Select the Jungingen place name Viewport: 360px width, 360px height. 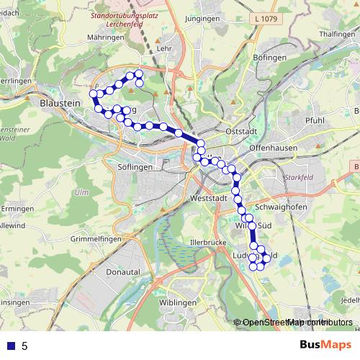point(202,19)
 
